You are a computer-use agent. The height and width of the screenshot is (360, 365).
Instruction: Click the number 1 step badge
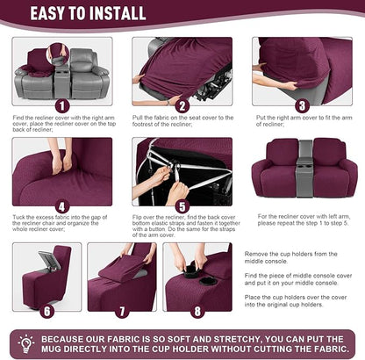click(61, 104)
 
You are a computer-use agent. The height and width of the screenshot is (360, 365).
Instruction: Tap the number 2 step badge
click(182, 105)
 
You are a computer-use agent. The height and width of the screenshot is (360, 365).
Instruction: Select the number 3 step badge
click(302, 105)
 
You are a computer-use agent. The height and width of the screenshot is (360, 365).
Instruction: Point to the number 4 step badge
click(61, 208)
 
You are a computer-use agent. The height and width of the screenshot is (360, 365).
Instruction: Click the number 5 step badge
click(182, 208)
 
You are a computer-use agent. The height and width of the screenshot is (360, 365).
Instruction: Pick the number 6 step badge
click(47, 309)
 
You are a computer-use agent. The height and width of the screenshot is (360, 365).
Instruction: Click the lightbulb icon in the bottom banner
click(25, 342)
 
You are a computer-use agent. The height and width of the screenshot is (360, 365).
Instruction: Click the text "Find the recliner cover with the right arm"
click(62, 117)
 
